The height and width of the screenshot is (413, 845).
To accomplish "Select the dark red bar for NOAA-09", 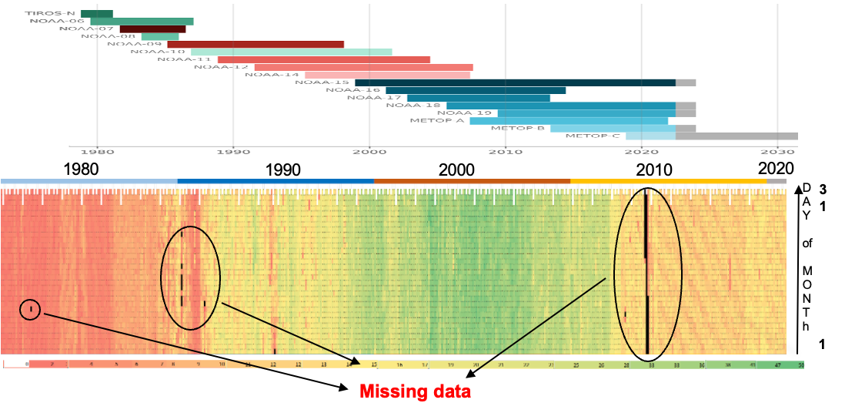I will (x=256, y=45).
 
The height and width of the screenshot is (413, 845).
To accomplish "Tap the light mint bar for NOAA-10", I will (x=291, y=52).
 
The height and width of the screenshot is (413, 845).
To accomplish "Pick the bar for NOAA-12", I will (x=363, y=67).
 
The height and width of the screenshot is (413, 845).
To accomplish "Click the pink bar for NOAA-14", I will (x=387, y=75).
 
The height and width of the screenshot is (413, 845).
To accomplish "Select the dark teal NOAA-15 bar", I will (x=514, y=82).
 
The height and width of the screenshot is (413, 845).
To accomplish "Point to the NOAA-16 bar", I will (x=475, y=90).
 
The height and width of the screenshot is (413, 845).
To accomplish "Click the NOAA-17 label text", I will (x=375, y=98).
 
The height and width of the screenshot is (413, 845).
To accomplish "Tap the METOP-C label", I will (x=593, y=136).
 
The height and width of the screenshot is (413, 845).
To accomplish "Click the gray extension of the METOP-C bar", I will (x=736, y=136).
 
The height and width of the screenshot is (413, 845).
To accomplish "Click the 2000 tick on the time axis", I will (x=370, y=152).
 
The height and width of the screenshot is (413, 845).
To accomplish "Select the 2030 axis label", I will (x=780, y=152).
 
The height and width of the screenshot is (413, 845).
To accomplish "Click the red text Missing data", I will (x=415, y=391).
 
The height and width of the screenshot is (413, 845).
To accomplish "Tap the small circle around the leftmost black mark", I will (x=30, y=310).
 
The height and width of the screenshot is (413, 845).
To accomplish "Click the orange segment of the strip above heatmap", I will (x=472, y=181).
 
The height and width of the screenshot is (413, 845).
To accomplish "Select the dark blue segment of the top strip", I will (x=276, y=181).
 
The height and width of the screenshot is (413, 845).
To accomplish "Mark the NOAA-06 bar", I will (x=142, y=22).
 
